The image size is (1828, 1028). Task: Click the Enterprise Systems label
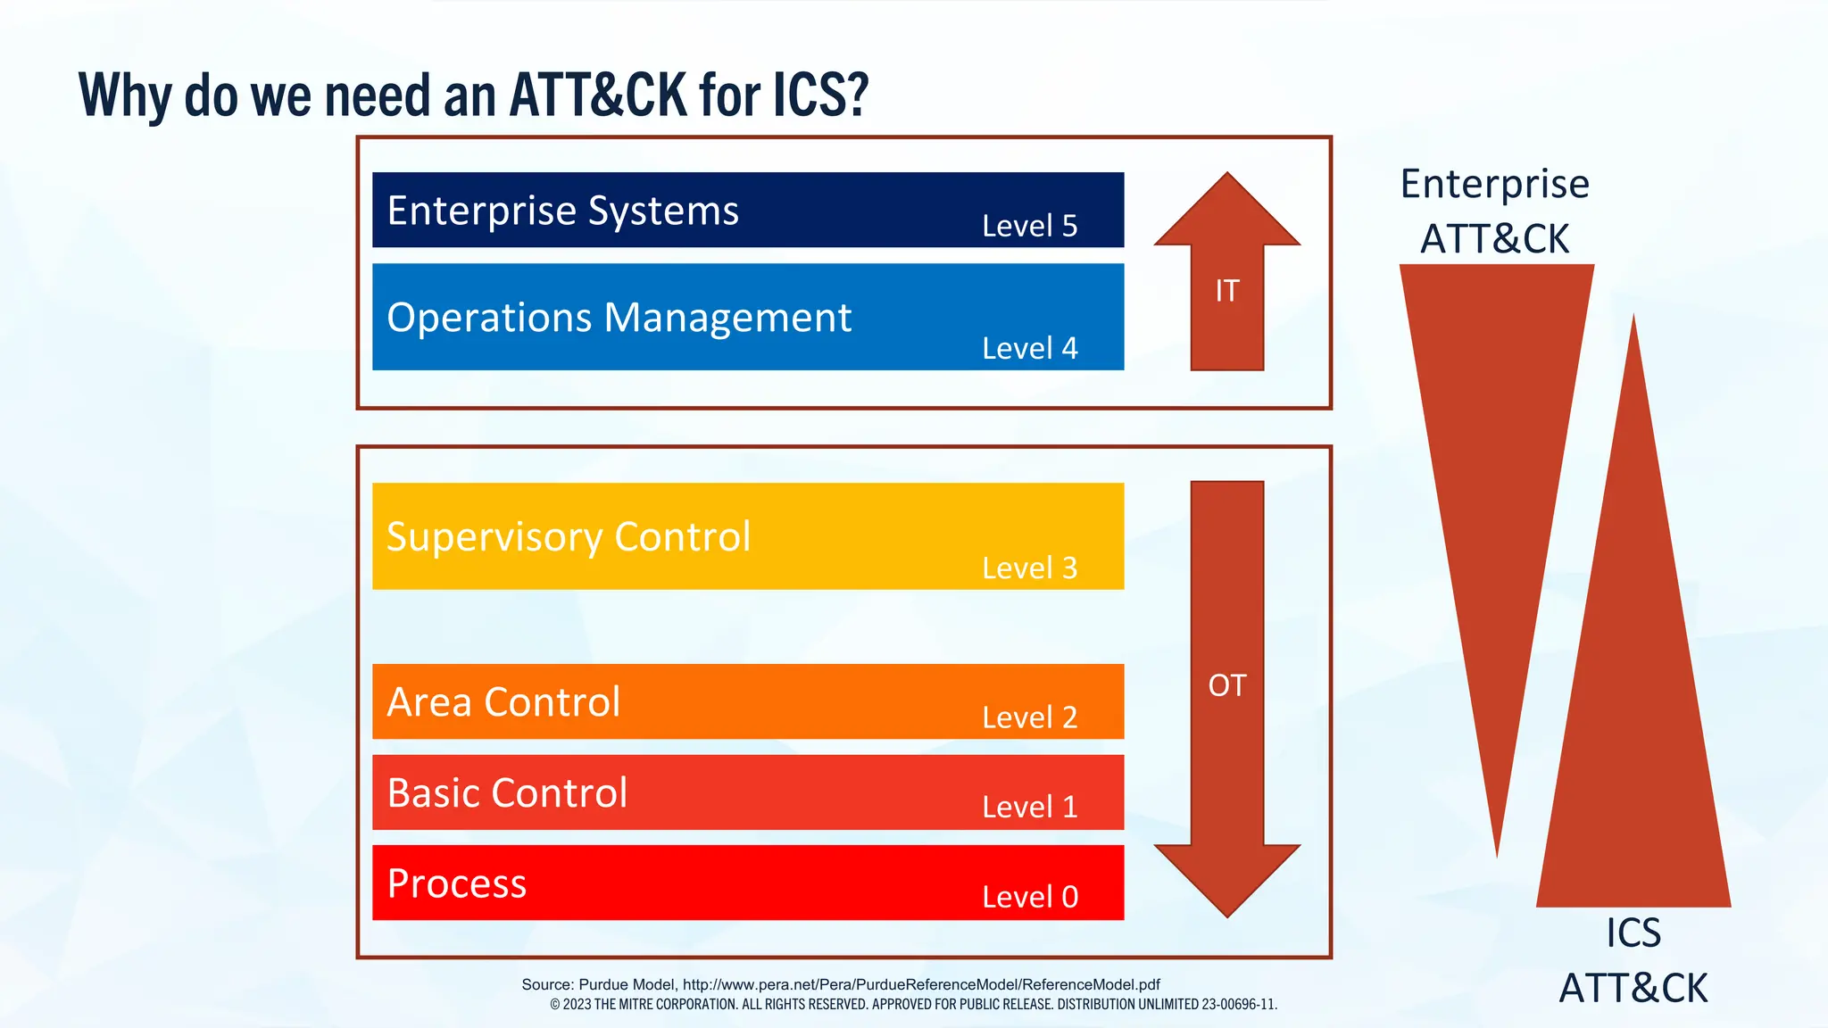point(562,211)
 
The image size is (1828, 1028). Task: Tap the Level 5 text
point(1029,226)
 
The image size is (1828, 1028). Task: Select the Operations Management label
point(619,318)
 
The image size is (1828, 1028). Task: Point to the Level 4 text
point(1029,348)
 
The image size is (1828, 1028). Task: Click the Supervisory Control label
point(568,537)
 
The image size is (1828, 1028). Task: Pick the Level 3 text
point(1029,568)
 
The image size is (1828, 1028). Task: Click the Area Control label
point(503,702)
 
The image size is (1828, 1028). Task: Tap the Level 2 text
point(1029,717)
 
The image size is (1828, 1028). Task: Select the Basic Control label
point(507,793)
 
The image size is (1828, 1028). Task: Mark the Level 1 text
point(1029,807)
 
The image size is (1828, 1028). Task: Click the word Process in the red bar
point(456,883)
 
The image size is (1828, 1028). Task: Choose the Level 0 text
point(1029,897)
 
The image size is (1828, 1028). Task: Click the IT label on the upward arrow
point(1226,291)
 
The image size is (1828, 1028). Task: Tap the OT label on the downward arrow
point(1226,685)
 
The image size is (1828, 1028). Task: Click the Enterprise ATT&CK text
point(1494,211)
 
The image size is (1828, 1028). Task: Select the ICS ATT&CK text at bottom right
point(1633,961)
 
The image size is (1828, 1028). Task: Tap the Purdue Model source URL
point(920,984)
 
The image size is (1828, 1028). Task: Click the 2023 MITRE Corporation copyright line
point(913,1004)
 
